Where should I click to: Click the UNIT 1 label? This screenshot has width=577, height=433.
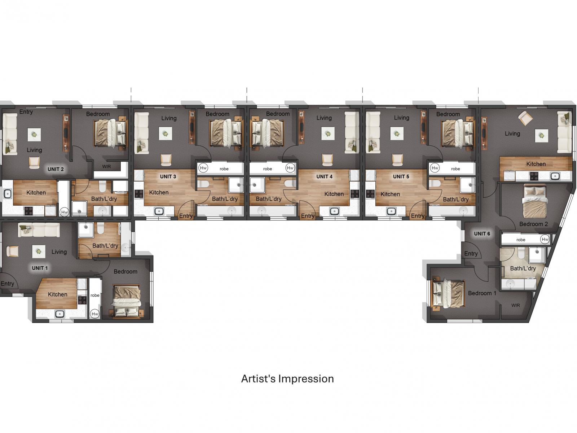(x=40, y=268)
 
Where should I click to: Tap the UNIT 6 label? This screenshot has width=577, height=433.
(x=482, y=234)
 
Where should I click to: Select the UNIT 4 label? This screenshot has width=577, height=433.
(x=324, y=177)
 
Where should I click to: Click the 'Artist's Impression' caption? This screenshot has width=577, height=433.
(x=287, y=379)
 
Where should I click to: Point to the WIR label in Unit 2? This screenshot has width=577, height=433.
(x=106, y=166)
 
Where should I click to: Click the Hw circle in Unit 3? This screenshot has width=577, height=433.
(x=203, y=168)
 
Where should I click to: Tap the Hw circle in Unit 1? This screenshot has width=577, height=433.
(x=94, y=314)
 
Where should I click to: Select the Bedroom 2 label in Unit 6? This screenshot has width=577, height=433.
(x=534, y=224)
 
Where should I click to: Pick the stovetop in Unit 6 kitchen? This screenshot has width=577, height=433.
(x=534, y=176)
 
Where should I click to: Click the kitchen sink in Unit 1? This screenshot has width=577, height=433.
(x=60, y=314)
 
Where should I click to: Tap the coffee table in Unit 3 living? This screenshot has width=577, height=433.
(x=166, y=134)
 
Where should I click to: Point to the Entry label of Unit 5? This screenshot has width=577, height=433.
(x=418, y=216)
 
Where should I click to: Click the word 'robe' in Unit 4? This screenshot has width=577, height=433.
(x=268, y=169)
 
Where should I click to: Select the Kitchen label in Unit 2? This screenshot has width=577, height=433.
(x=36, y=193)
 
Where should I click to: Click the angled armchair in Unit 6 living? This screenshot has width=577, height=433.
(x=525, y=118)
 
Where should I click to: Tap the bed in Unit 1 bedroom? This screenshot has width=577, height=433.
(x=127, y=301)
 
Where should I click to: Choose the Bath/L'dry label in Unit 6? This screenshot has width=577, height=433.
(x=523, y=268)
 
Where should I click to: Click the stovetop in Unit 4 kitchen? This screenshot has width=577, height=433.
(x=354, y=194)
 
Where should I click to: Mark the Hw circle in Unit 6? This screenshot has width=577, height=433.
(x=545, y=239)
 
